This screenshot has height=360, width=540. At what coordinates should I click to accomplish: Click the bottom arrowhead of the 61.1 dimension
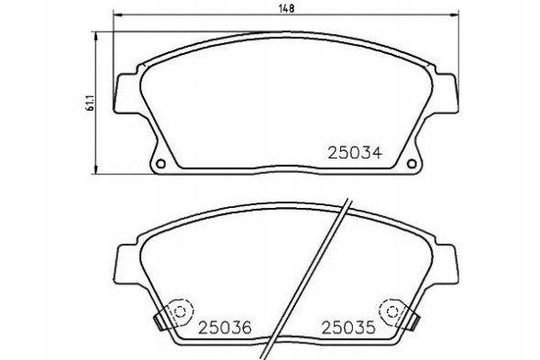click(98, 170)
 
